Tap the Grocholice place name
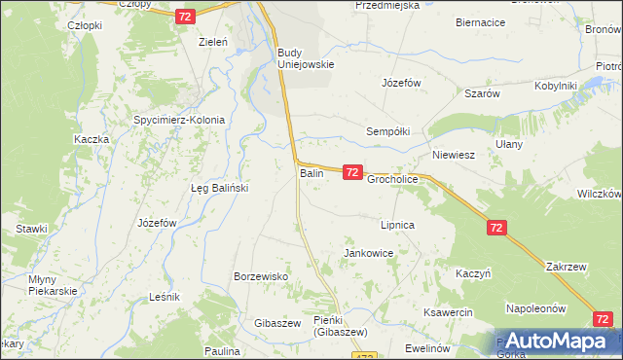click(x=392, y=180)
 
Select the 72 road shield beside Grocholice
click(x=352, y=172)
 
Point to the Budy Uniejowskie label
click(x=306, y=58)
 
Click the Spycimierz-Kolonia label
click(x=179, y=121)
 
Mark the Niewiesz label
click(x=453, y=155)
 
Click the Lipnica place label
click(x=398, y=225)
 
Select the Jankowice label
click(x=368, y=253)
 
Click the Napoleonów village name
click(x=535, y=308)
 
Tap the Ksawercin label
click(x=448, y=312)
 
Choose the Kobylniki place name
click(x=556, y=86)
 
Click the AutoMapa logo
click(x=556, y=342)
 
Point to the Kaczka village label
click(x=91, y=140)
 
